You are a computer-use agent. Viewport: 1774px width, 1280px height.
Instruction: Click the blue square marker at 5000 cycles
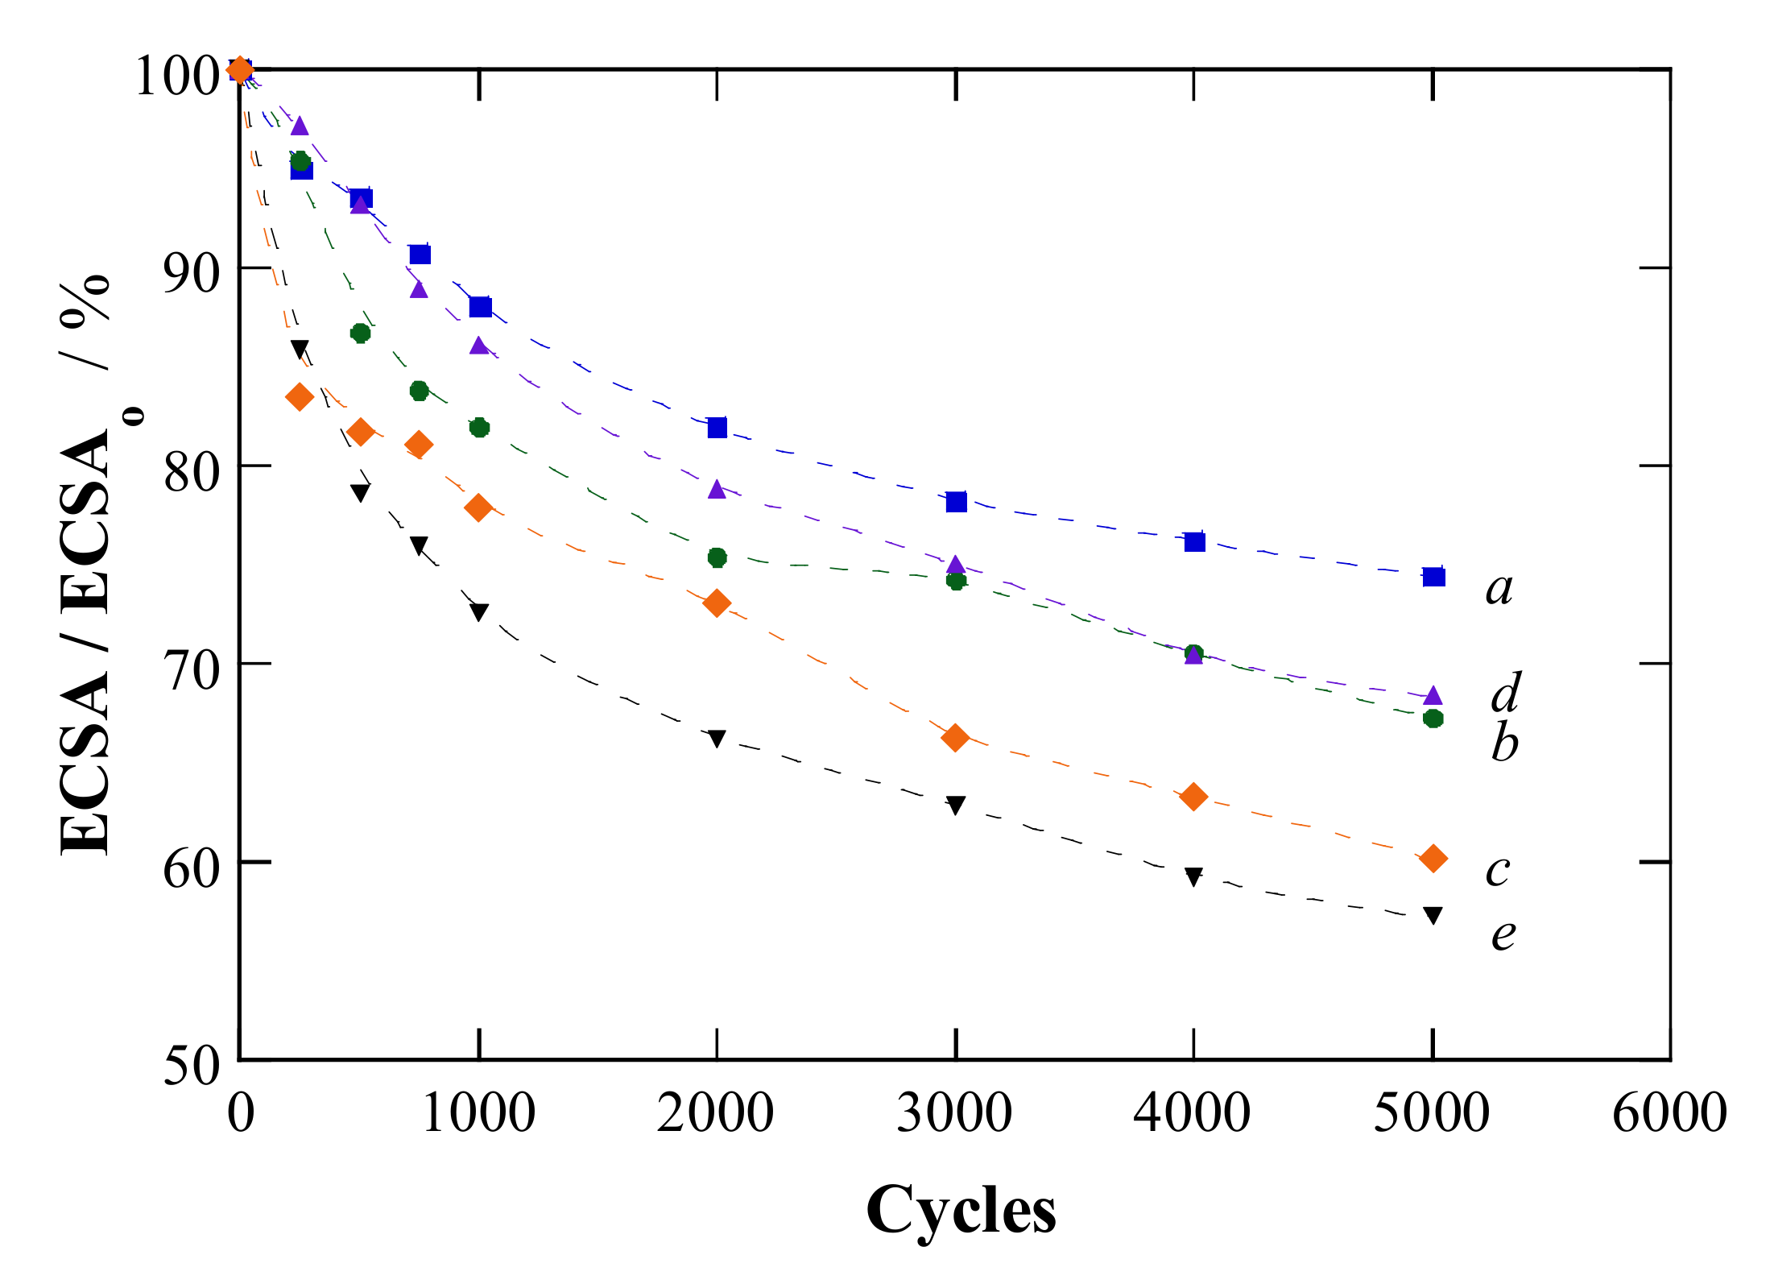click(1433, 577)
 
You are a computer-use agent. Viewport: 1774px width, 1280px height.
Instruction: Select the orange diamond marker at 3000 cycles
click(955, 737)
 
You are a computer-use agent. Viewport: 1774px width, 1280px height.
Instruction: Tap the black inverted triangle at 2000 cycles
click(717, 739)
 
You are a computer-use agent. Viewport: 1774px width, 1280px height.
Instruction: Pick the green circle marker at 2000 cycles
click(717, 557)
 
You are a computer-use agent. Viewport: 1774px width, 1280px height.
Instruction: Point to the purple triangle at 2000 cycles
click(717, 490)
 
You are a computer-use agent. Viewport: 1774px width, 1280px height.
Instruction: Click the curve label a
click(1499, 590)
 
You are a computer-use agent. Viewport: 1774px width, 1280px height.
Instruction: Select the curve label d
click(1505, 692)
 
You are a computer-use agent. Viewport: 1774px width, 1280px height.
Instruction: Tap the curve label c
click(1498, 871)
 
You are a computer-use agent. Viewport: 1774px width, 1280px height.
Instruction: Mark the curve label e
click(1503, 934)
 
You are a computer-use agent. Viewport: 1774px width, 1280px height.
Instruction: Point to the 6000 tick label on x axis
click(1669, 1113)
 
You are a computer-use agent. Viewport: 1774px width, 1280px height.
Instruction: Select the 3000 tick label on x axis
click(954, 1113)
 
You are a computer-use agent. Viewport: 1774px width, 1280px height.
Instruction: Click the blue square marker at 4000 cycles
click(1194, 541)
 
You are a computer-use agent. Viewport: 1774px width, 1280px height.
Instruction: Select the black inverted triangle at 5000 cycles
click(1433, 915)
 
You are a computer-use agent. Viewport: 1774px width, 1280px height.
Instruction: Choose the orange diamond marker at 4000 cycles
click(1193, 797)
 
